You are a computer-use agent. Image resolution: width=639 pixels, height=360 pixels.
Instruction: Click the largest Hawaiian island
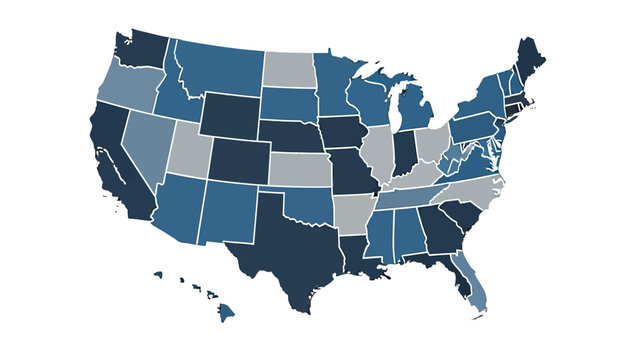(229, 314)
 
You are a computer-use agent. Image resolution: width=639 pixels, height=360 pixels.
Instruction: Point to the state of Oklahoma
(310, 206)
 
